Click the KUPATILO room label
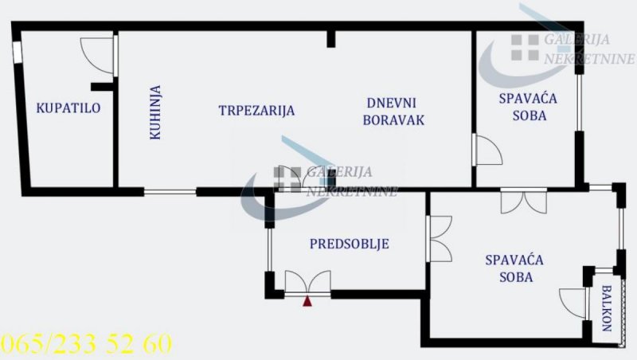[68, 108]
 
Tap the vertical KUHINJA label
[155, 112]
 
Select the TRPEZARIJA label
[256, 111]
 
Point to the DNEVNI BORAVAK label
[393, 112]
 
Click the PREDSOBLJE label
[350, 244]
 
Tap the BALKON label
[607, 308]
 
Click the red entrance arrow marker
[307, 301]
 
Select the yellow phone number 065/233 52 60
[87, 344]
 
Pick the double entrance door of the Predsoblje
[307, 282]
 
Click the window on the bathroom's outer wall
[17, 53]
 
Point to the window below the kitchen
[170, 192]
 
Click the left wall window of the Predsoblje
[269, 249]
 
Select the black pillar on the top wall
[331, 39]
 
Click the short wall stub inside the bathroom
[102, 87]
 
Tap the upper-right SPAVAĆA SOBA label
[529, 107]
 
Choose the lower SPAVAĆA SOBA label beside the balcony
[514, 268]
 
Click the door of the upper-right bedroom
[488, 150]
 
